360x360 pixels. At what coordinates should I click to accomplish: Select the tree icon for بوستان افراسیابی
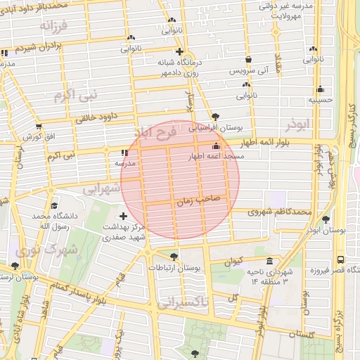pos(215,117)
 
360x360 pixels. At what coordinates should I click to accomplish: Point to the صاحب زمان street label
pos(202,199)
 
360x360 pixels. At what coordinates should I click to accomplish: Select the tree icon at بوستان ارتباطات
pos(174,257)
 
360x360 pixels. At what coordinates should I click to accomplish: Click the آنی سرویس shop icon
pos(248,60)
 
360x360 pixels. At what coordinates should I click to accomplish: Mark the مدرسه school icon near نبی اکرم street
pos(124,153)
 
